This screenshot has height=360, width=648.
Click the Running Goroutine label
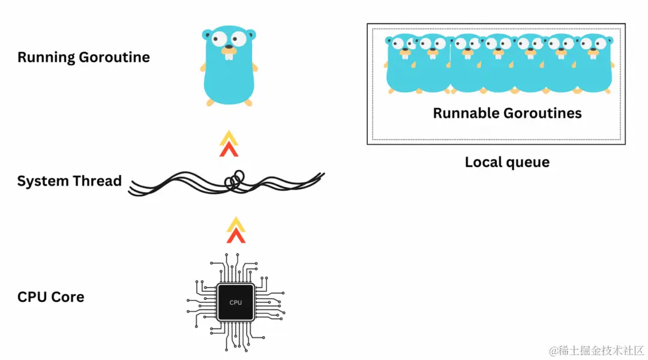click(x=83, y=58)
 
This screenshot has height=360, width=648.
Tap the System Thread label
click(x=69, y=181)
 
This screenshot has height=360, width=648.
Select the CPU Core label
click(x=50, y=297)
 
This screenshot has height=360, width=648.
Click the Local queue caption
click(x=507, y=162)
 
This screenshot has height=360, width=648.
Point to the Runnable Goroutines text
click(x=507, y=113)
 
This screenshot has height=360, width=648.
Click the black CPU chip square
click(x=236, y=302)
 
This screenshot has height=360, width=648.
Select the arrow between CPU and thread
click(x=236, y=230)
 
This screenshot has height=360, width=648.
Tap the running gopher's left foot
click(x=210, y=102)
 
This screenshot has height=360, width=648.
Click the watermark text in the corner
click(x=591, y=350)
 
